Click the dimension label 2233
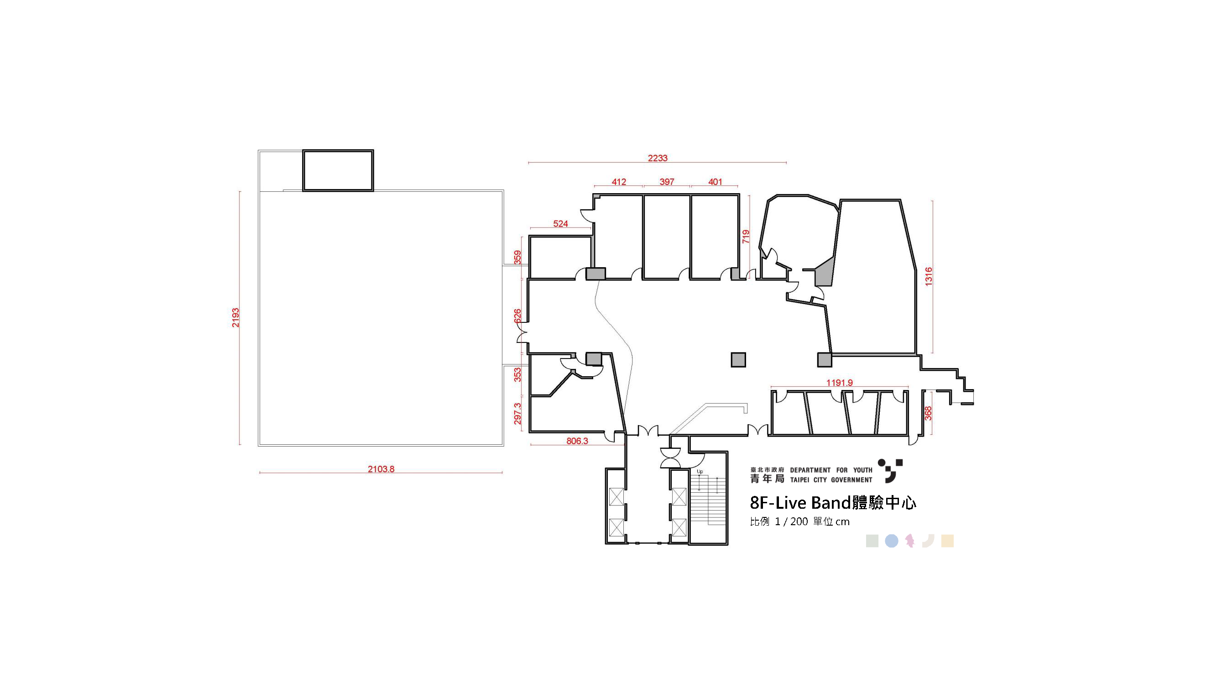point(657,158)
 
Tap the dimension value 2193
point(235,318)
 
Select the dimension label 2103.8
point(381,469)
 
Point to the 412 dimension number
point(619,182)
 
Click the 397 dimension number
point(667,182)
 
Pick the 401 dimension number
point(715,182)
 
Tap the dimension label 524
point(560,224)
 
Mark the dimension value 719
point(746,237)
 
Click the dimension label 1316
point(928,277)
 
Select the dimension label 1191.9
point(839,382)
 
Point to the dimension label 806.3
point(577,441)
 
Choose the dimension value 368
point(928,413)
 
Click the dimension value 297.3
point(517,414)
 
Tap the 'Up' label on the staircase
point(700,471)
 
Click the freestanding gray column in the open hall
point(738,360)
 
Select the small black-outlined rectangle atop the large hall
point(338,170)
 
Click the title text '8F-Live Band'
point(800,502)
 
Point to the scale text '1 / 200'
point(791,522)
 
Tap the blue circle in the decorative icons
point(891,541)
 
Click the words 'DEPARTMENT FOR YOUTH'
point(831,470)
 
